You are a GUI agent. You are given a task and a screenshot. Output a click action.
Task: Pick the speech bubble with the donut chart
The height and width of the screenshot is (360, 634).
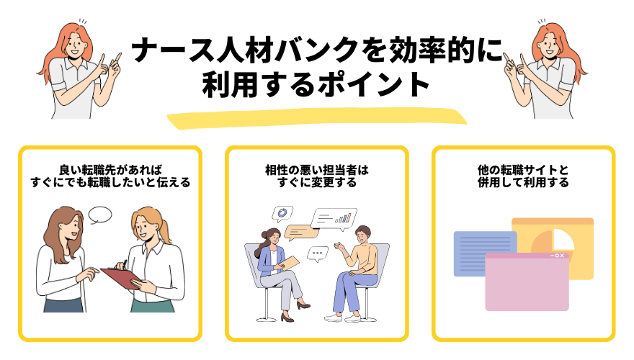282,214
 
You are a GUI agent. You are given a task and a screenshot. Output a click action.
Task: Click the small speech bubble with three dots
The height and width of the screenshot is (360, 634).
318,253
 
